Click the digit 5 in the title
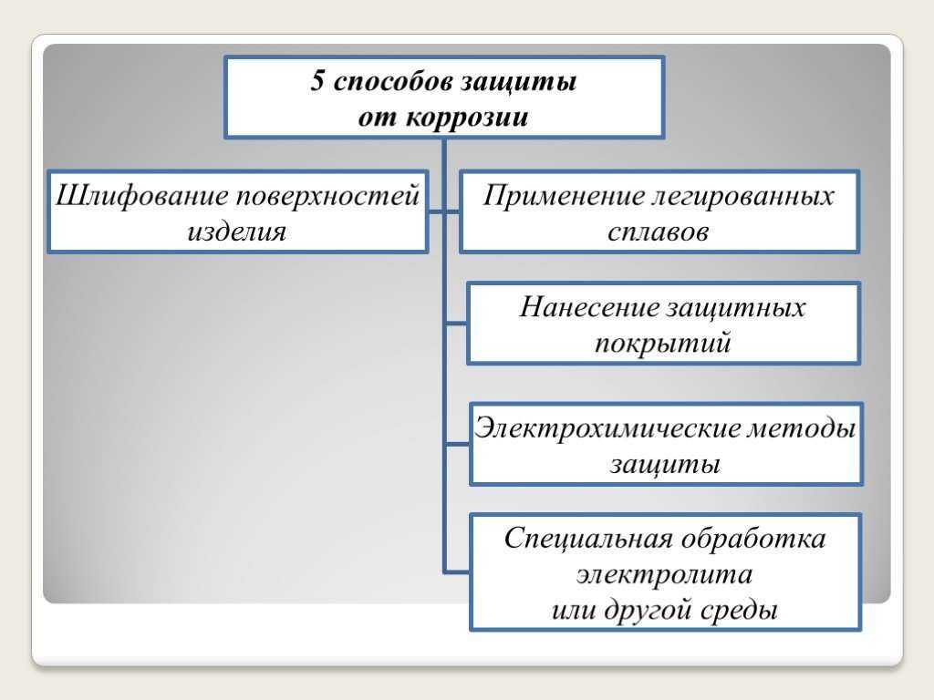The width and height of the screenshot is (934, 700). [317, 80]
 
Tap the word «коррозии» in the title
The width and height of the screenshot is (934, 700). [467, 117]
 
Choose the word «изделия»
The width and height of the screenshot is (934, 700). [237, 232]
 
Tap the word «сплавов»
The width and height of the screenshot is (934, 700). [658, 232]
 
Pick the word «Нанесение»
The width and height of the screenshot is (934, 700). [589, 307]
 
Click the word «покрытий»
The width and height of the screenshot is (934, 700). [662, 343]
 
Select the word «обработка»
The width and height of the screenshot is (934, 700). [752, 539]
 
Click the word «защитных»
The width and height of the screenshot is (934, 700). [736, 308]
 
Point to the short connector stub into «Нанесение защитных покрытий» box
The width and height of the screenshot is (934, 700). [456, 324]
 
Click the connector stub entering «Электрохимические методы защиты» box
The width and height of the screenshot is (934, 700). [458, 444]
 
